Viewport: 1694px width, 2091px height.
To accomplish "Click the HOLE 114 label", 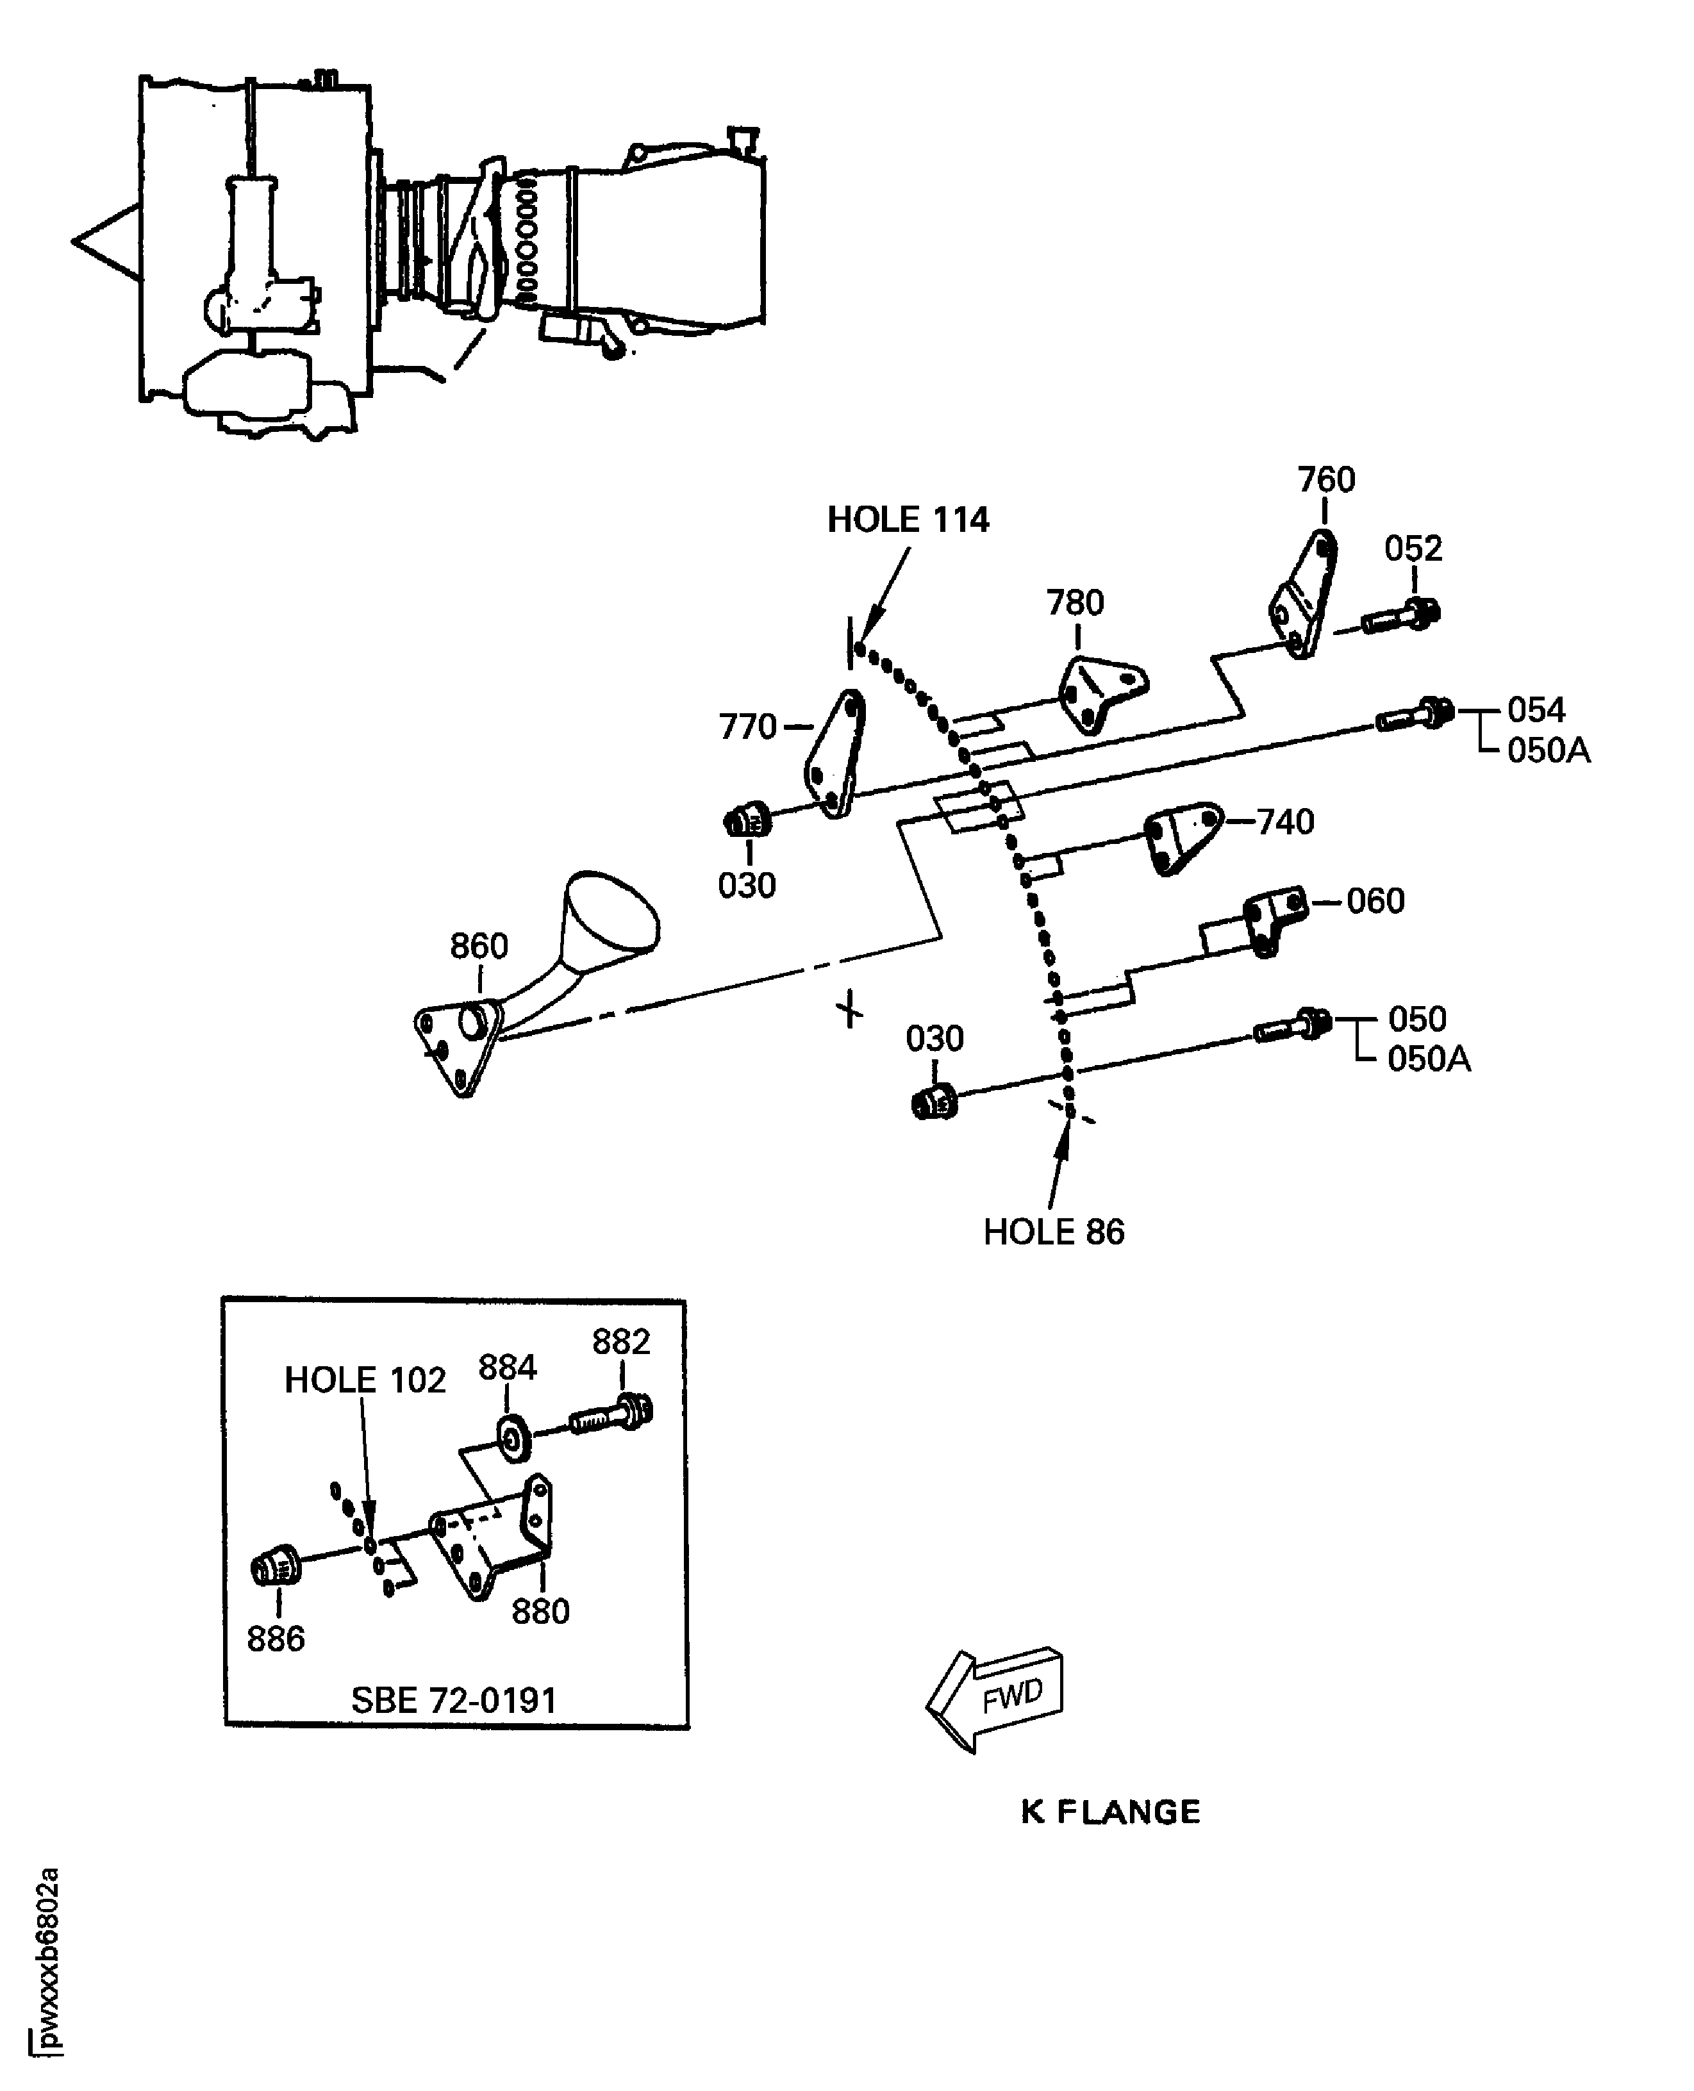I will pyautogui.click(x=908, y=520).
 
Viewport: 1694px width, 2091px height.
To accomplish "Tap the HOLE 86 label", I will pyautogui.click(x=1053, y=1232).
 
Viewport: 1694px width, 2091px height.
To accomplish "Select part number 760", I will pyautogui.click(x=1326, y=480).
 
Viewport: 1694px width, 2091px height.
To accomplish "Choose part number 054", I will pyautogui.click(x=1536, y=709).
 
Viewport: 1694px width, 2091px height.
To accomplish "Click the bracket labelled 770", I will pyautogui.click(x=835, y=751).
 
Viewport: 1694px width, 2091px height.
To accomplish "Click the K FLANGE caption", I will pyautogui.click(x=1111, y=1812).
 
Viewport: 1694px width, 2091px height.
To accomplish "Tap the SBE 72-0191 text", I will pyautogui.click(x=454, y=1701).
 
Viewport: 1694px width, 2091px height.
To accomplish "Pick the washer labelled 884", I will pyautogui.click(x=511, y=1438).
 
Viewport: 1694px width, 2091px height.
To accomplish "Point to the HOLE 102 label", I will pyautogui.click(x=365, y=1380).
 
